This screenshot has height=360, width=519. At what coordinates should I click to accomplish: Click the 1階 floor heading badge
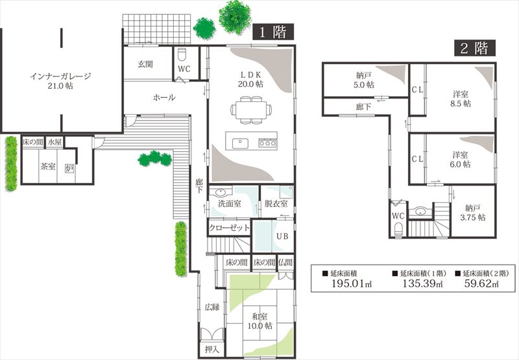coord(273,32)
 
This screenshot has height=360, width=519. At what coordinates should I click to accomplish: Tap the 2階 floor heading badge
coord(475,48)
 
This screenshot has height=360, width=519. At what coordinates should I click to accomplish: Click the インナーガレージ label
coord(60,77)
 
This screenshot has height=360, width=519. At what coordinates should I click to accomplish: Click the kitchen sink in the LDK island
coord(240,143)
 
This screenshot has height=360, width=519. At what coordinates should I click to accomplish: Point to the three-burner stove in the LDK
coord(267,143)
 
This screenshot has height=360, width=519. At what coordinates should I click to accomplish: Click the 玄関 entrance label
coord(145,64)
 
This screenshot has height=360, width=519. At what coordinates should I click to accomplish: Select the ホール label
coord(164,97)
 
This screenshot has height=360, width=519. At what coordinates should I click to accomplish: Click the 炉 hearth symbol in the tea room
coord(69,169)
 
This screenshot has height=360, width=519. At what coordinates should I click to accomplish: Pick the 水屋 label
coord(54,142)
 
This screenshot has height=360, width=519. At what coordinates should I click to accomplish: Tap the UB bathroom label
coord(282,236)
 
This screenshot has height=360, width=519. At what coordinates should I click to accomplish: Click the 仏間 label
coord(285,263)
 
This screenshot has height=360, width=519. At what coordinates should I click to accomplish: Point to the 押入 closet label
coord(212,350)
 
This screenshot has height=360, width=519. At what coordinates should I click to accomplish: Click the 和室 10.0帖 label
coord(260,321)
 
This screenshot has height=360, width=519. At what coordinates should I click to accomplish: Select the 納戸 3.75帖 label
coord(473,213)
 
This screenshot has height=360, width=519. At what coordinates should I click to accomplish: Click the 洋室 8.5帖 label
coord(461,99)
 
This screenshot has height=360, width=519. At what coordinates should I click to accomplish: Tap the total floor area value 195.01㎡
coord(352,283)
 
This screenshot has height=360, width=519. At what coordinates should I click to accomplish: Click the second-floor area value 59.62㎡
coord(481,283)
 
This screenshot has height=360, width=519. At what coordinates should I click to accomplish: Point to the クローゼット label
coord(229,228)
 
